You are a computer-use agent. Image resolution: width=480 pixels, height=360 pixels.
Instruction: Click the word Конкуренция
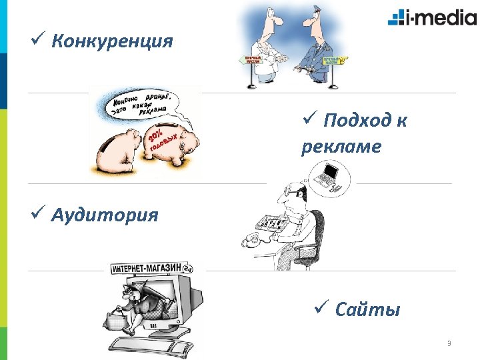coord(111,42)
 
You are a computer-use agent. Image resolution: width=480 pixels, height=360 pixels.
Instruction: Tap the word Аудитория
coord(105,215)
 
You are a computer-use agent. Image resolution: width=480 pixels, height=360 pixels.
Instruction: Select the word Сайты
coord(367,309)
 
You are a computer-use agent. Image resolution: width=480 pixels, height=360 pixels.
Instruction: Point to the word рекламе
coord(341,146)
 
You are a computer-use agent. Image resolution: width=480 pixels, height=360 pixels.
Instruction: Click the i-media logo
coord(431,17)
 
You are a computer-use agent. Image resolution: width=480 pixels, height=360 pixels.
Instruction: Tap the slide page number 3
coord(449,344)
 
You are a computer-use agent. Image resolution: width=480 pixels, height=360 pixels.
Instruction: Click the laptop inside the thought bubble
coord(327,175)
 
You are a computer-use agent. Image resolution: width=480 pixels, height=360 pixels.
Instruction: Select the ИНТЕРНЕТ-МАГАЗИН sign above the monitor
coord(147,268)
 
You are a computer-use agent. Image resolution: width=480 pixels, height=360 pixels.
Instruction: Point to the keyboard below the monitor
coord(160,345)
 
